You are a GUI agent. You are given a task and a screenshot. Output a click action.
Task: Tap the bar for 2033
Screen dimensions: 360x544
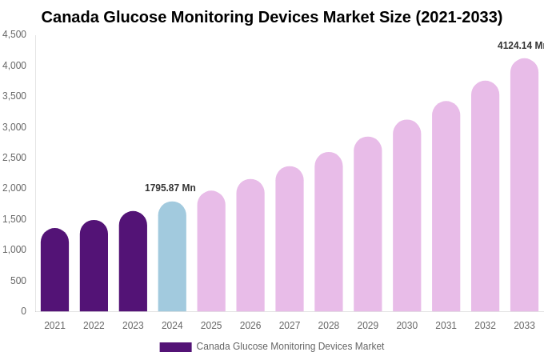coord(524,186)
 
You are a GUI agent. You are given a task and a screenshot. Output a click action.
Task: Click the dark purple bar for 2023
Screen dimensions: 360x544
coord(133,262)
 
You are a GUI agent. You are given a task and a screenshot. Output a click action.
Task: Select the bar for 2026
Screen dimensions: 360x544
coord(250,246)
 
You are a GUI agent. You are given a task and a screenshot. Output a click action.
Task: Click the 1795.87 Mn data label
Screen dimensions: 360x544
coord(170,188)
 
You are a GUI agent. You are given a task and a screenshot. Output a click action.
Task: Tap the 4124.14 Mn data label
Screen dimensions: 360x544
coord(520,46)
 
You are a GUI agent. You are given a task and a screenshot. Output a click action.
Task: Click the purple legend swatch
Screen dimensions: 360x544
coord(175,347)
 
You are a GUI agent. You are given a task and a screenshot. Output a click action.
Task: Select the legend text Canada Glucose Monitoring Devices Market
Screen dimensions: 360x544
coord(290,346)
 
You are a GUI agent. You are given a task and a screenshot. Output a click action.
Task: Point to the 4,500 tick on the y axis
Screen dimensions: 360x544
coord(14,34)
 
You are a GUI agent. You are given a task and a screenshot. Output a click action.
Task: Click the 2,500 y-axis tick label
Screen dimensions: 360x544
coord(14,158)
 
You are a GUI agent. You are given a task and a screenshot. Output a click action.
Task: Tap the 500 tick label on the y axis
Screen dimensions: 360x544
coord(18,281)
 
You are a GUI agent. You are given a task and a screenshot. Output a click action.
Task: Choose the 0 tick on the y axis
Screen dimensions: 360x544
coord(23,311)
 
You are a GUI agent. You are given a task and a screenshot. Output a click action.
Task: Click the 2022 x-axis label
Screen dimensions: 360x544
coord(94,326)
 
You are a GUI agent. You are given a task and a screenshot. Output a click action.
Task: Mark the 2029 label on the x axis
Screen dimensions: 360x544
coord(368,326)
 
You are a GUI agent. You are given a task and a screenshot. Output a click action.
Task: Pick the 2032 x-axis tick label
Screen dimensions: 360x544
coord(485,326)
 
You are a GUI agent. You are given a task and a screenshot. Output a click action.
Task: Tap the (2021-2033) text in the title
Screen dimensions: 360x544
coord(458,17)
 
